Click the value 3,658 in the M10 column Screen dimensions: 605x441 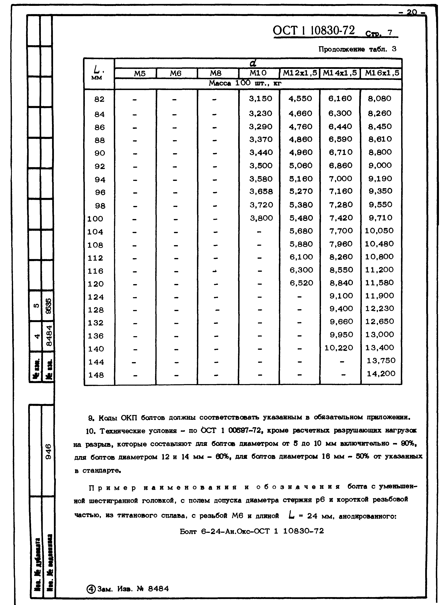tap(261, 191)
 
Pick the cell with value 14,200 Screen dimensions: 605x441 tap(381, 373)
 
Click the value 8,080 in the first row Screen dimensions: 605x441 tap(379, 99)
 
